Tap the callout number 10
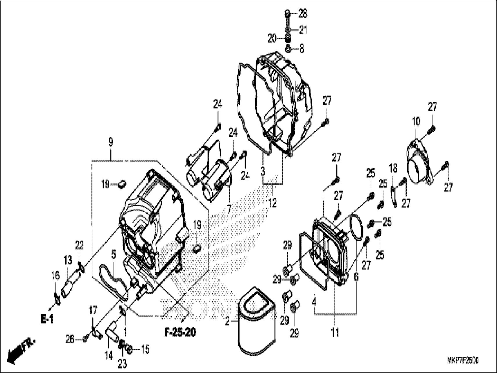coord(416,121)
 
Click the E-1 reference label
coord(47,320)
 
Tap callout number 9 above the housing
coord(111,142)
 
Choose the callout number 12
coord(273,202)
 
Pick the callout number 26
coord(70,339)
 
